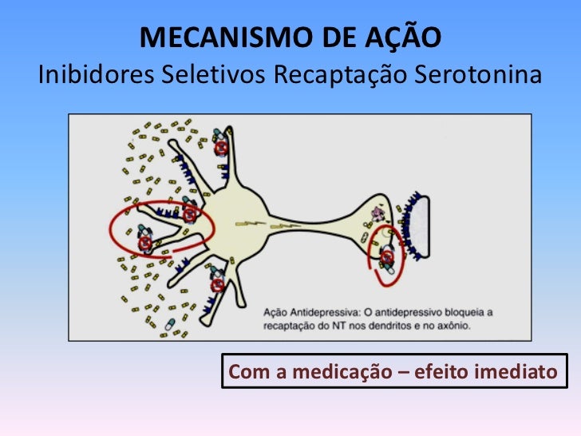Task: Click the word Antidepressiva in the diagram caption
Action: [x=325, y=311]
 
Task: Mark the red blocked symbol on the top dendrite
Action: [x=221, y=148]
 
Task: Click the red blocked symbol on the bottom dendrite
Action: [x=216, y=284]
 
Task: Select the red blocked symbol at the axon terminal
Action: [x=387, y=259]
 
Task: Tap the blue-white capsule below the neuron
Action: [x=169, y=326]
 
